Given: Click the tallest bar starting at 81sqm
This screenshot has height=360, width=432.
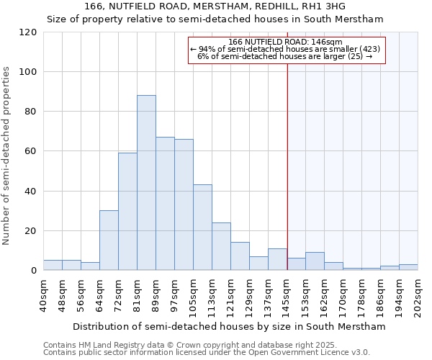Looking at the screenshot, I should click(x=146, y=183).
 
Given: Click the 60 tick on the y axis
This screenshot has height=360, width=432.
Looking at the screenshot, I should click(x=30, y=151).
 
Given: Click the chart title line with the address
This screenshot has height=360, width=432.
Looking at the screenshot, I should click(x=215, y=6).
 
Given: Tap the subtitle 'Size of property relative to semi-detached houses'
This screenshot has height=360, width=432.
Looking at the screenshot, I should click(x=215, y=19).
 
